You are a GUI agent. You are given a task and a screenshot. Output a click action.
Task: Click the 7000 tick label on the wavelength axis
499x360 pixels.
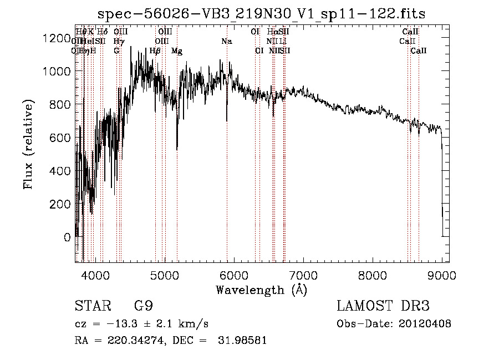[x=303, y=275]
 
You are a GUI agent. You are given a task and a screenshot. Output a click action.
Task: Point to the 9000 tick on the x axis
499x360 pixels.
[x=442, y=275]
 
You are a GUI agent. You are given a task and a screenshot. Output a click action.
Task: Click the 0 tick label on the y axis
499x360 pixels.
[x=67, y=237]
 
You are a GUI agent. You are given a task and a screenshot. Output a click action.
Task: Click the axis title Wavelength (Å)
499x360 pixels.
[x=261, y=290]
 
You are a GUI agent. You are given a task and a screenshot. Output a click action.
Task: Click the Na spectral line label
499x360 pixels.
[x=226, y=41]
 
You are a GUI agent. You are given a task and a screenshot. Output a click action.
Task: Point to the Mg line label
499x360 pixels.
[x=177, y=51]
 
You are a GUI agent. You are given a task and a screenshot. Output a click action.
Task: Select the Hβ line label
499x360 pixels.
[x=155, y=51]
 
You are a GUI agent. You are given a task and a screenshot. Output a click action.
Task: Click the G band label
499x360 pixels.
[x=116, y=51]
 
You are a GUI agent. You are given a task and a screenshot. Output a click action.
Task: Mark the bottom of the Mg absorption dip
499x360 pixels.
[x=177, y=149]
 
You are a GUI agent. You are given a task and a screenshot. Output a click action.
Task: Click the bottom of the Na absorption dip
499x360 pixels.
[x=227, y=120]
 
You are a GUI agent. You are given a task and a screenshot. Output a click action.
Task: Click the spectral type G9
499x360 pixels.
[x=144, y=306]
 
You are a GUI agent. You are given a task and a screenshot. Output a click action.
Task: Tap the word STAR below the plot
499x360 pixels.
[x=92, y=306]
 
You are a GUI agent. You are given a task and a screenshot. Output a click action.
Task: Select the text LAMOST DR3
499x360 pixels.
[x=383, y=306]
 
